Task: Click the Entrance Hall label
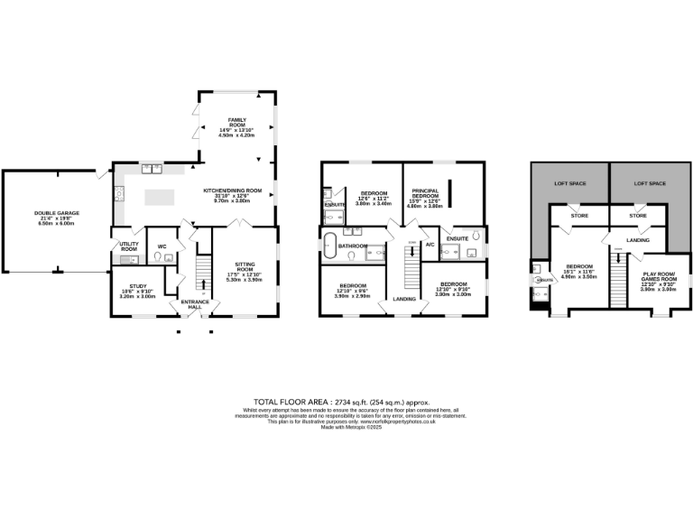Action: coord(195,304)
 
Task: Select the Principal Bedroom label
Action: coord(424,196)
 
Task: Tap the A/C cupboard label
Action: coord(430,245)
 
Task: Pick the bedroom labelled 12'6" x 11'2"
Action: coord(374,198)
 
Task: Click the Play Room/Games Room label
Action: coord(659,279)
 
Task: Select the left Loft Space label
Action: coord(569,183)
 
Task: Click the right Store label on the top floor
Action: coord(638,216)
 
